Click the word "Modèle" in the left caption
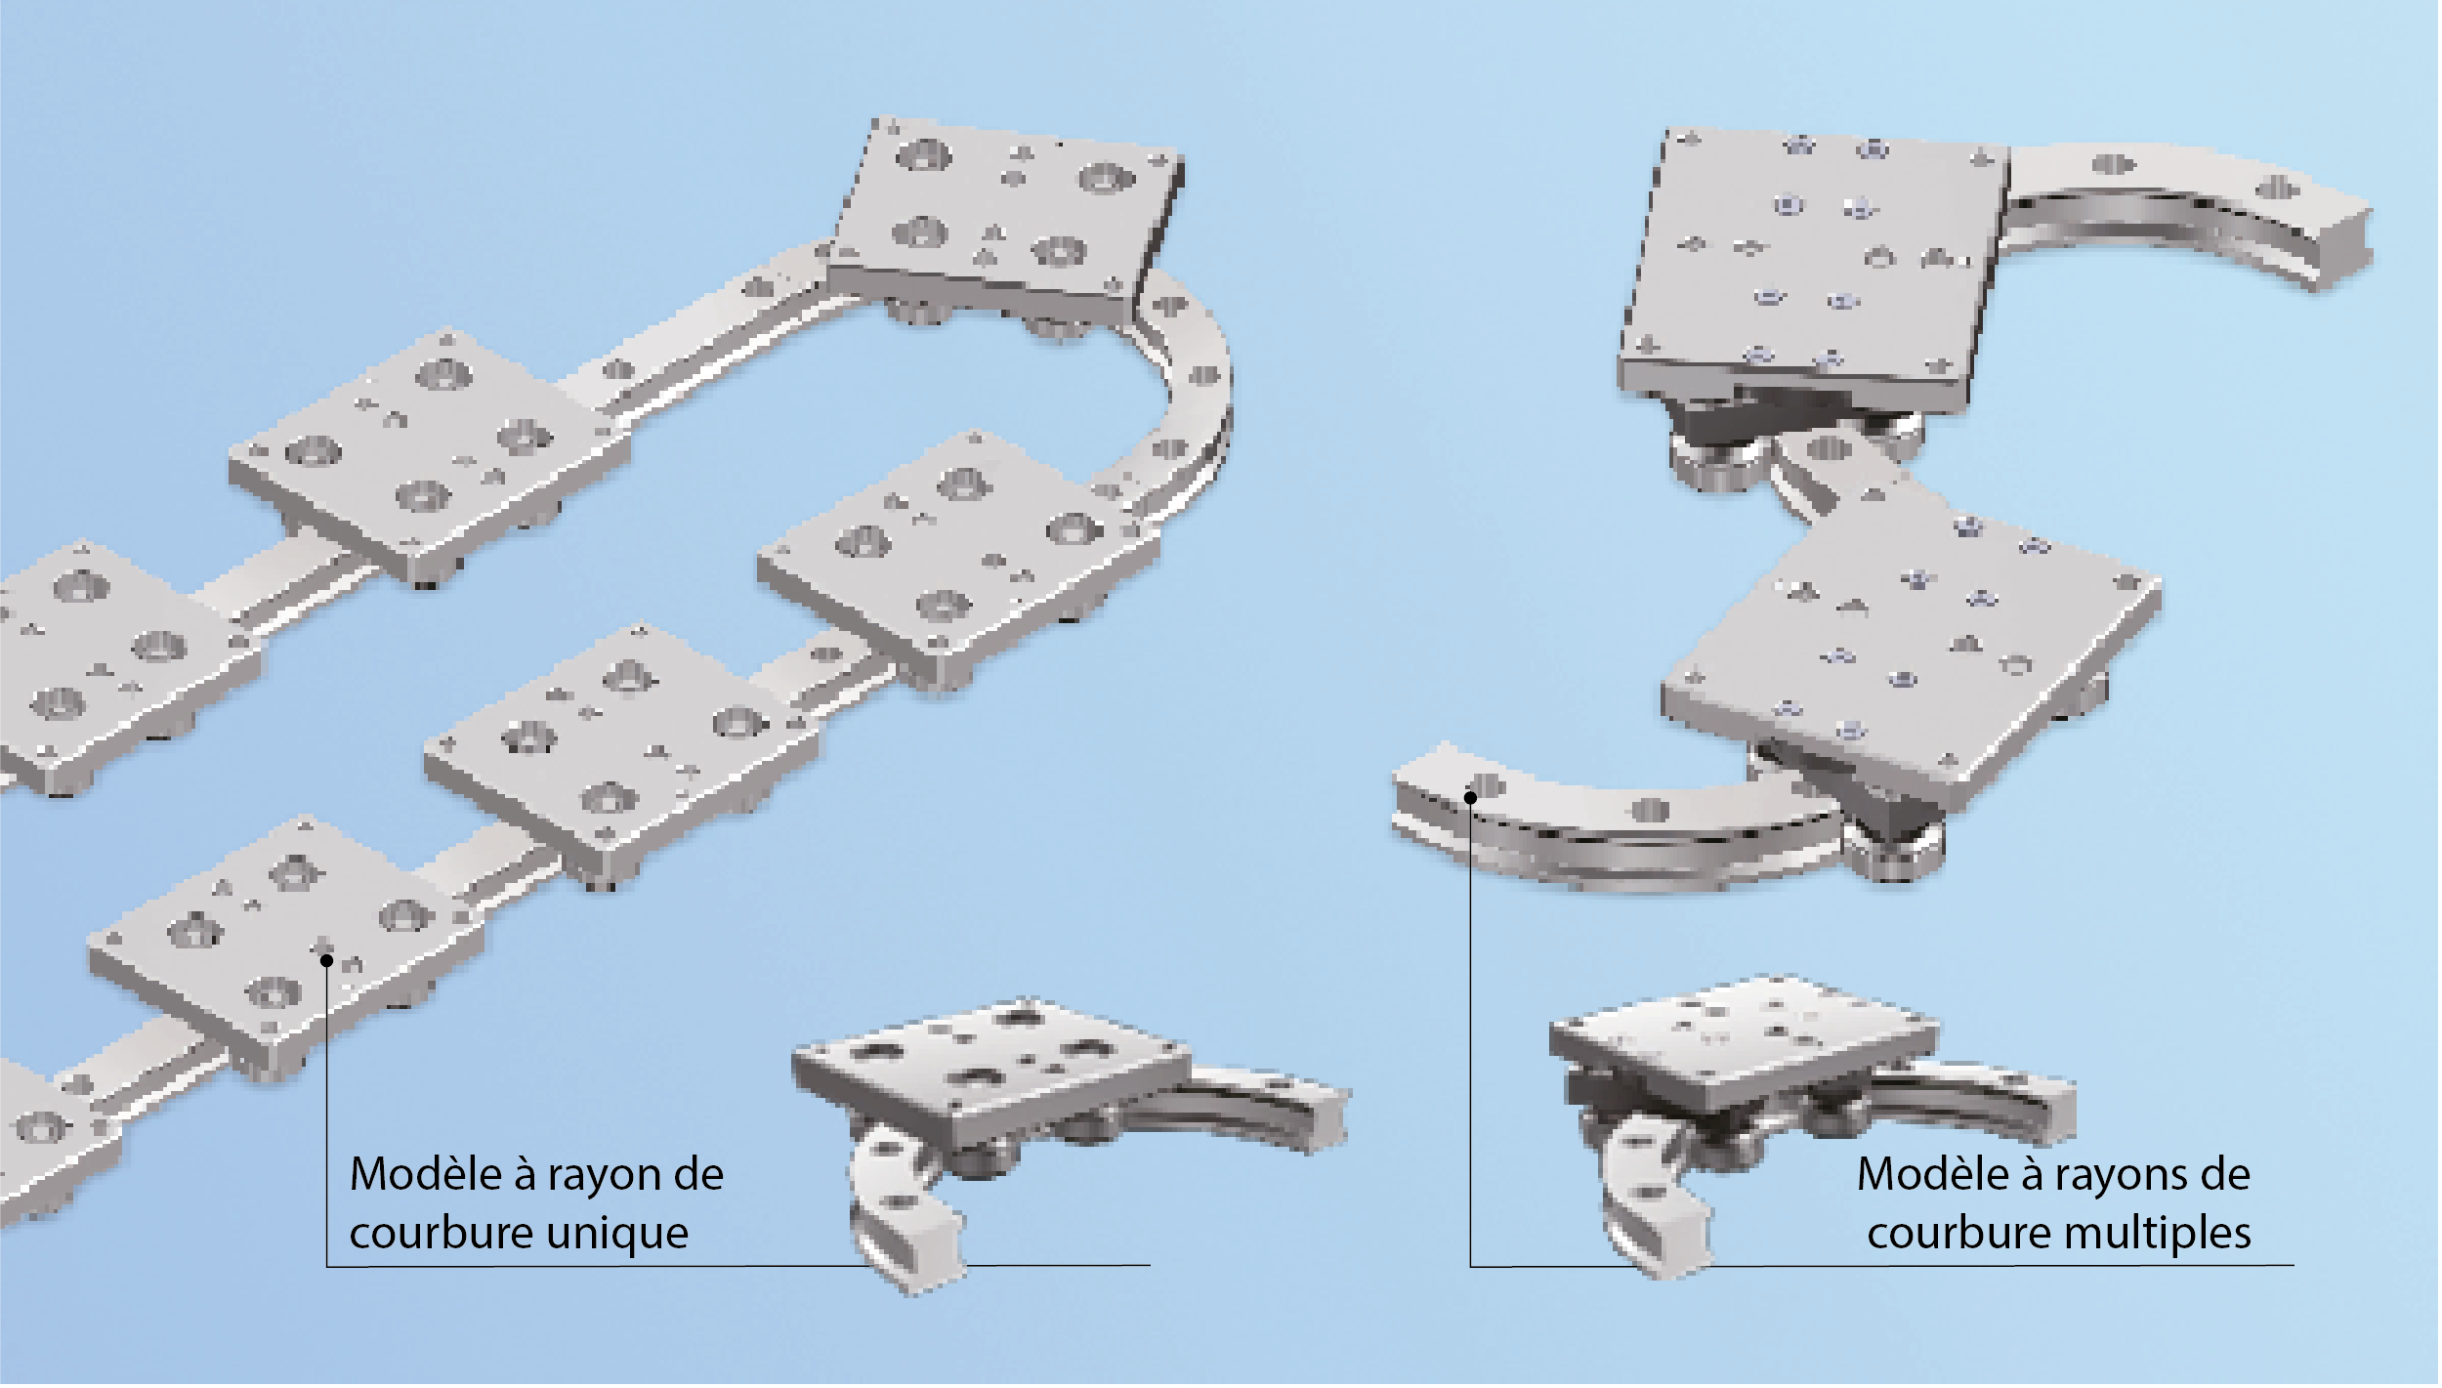coord(426,1174)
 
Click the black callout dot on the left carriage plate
coord(327,961)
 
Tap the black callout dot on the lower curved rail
coord(1470,798)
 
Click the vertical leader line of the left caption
coord(327,1114)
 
